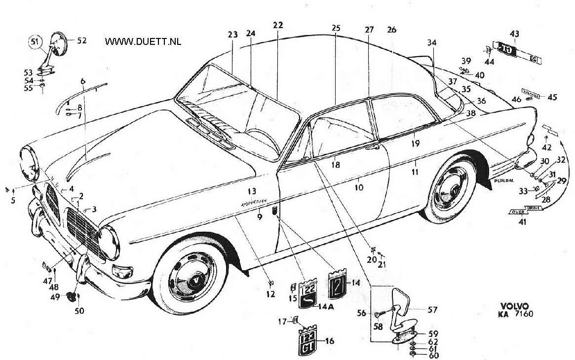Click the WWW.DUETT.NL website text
143,42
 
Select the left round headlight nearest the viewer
109,243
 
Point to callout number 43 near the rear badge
514,34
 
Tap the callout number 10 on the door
359,187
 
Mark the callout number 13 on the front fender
252,191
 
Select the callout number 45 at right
552,97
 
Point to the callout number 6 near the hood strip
82,81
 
